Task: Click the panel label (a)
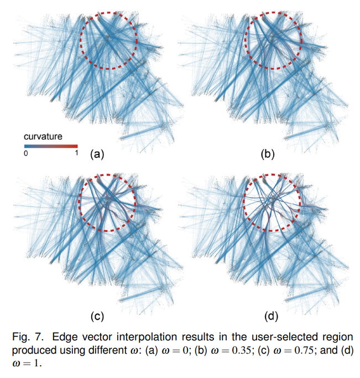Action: (x=97, y=154)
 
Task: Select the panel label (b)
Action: (x=267, y=154)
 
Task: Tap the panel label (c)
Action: (x=97, y=317)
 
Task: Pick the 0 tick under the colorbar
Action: (x=25, y=153)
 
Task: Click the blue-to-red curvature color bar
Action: (x=50, y=146)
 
